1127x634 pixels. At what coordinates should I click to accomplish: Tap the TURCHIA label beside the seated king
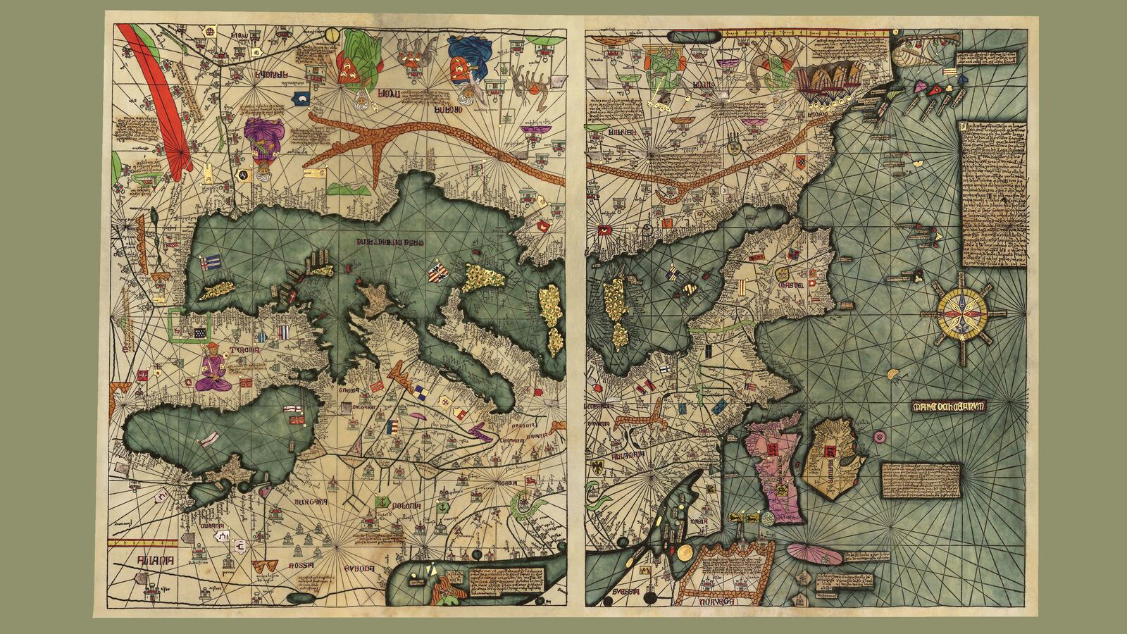click(x=244, y=350)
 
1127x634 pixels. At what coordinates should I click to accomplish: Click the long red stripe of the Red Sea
click(x=158, y=99)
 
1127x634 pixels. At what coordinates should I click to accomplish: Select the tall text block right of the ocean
click(x=993, y=194)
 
